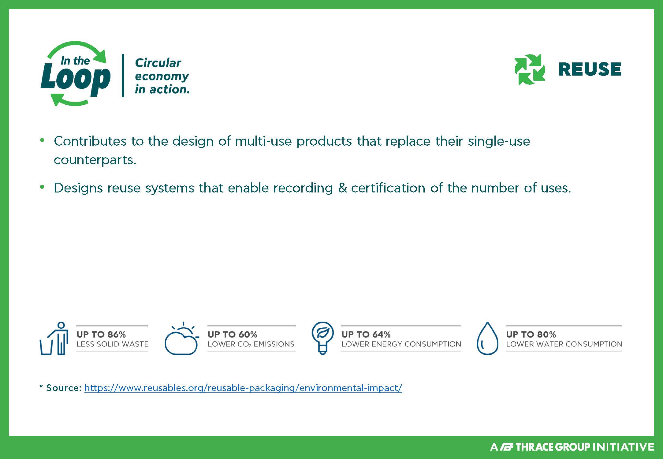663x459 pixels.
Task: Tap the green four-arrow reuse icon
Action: [x=530, y=69]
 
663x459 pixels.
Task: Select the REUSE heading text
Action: [x=590, y=69]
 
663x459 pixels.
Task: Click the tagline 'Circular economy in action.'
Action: [x=162, y=76]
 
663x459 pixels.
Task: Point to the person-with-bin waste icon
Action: [x=54, y=338]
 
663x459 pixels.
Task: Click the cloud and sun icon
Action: [x=182, y=338]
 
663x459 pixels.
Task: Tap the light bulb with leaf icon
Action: [x=322, y=338]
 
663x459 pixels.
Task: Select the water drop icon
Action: [x=487, y=338]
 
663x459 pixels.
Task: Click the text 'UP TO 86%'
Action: [x=101, y=334]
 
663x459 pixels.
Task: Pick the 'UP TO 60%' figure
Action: [x=232, y=334]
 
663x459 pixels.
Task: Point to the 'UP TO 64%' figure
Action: [x=366, y=334]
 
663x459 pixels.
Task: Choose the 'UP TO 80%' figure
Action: [x=531, y=334]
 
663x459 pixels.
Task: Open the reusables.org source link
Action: [x=243, y=388]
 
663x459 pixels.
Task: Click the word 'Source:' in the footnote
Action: [x=64, y=388]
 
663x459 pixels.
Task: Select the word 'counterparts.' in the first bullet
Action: [x=95, y=160]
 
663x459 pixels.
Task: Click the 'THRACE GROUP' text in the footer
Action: [x=553, y=447]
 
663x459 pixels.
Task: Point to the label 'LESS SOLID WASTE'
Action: [x=112, y=344]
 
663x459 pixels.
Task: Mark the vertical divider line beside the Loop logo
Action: [x=123, y=76]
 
